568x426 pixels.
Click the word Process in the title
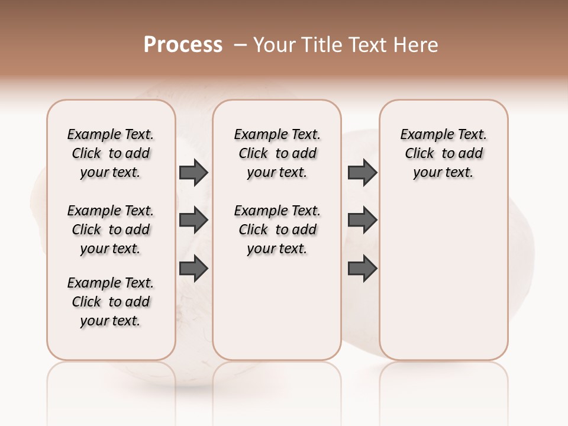click(183, 45)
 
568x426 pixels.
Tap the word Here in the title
click(417, 45)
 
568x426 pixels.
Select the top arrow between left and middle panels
click(193, 172)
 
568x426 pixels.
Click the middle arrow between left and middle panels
click(193, 221)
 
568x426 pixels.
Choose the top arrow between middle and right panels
click(362, 172)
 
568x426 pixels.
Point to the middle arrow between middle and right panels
click(362, 221)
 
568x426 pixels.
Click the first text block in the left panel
click(111, 153)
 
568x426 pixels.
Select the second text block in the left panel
click(111, 230)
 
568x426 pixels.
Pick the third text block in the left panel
click(111, 302)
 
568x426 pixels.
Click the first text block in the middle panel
click(277, 153)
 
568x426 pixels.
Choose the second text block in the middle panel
click(277, 230)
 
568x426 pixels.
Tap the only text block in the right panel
click(444, 153)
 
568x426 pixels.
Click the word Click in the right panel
click(419, 154)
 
